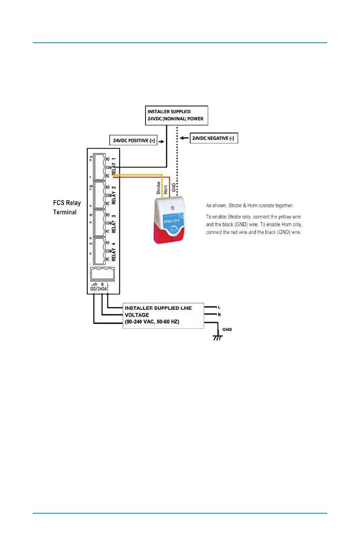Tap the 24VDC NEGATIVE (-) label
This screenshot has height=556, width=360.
coord(213,138)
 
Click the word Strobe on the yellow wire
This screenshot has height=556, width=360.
coord(159,188)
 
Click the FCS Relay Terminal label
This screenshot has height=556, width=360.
coord(66,207)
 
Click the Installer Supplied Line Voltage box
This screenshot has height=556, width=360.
coord(164,314)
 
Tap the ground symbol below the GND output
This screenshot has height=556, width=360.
coord(219,338)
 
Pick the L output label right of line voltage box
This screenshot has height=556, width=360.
coord(219,307)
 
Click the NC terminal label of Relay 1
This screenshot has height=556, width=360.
coord(108,175)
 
